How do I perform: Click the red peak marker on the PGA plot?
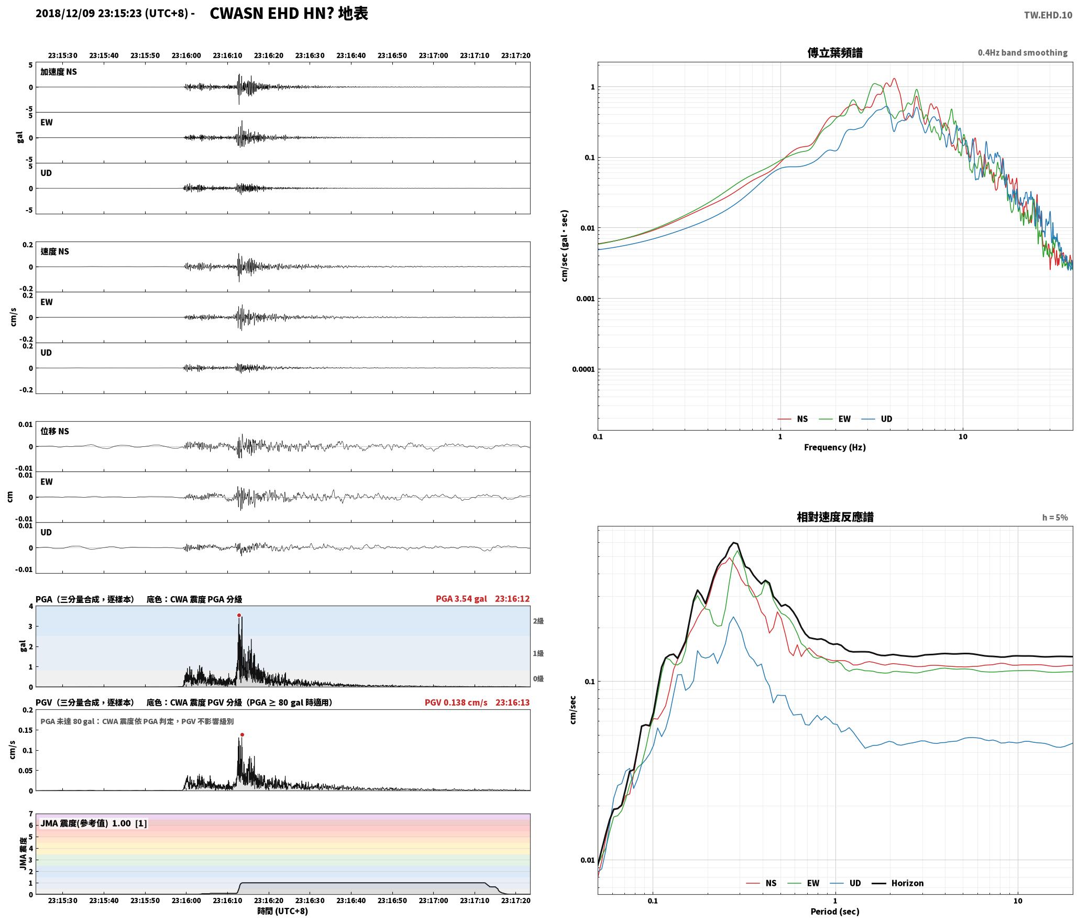coord(239,616)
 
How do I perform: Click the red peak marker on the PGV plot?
coord(242,735)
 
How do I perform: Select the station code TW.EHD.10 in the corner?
coord(1048,15)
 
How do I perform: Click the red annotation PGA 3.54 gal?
coord(461,599)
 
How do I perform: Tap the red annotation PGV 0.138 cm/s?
coord(456,703)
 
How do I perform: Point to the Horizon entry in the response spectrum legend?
coord(897,883)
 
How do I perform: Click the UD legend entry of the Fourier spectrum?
coord(877,419)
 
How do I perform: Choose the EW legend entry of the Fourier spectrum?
coord(835,419)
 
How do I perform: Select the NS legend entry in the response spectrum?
coord(761,883)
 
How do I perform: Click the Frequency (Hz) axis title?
coord(835,447)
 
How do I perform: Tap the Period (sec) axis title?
coord(835,912)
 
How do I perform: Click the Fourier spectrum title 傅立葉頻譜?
coord(835,53)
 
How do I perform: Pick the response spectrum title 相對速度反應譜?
coord(835,517)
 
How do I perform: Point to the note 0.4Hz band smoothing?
coord(1022,53)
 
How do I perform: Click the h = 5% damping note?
coord(1055,518)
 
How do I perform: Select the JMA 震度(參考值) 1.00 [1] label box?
coord(94,824)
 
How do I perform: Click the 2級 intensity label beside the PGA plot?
coord(538,621)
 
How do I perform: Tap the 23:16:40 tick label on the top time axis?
coord(351,56)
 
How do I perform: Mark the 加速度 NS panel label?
coord(59,72)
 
